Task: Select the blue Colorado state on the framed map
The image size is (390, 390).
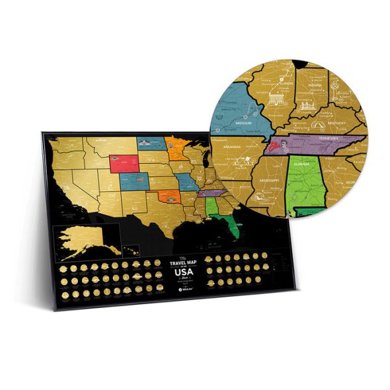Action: [132, 179]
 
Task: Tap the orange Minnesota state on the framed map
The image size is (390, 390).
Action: [175, 146]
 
